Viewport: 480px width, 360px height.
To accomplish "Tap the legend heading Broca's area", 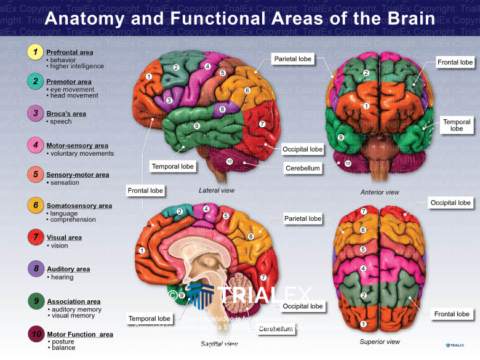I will (66, 114).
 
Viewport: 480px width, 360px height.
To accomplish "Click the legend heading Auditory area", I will (68, 269).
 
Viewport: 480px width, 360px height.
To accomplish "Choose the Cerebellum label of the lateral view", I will (303, 167).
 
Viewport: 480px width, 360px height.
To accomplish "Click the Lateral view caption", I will (217, 191).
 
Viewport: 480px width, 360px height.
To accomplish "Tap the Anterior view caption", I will (380, 193).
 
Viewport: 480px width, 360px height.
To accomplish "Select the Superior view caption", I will (380, 342).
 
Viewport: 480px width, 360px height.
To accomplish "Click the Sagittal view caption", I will (220, 344).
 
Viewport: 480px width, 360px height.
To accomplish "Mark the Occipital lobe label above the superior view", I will (450, 202).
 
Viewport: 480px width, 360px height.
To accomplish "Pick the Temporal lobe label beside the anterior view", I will (456, 126).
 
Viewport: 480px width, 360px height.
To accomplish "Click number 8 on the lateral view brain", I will (223, 109).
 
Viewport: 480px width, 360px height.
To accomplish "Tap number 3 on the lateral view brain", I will (169, 100).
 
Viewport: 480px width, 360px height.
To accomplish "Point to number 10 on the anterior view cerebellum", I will (348, 164).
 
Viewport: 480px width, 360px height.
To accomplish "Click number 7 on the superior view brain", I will (364, 212).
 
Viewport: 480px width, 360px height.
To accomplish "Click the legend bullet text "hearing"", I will (62, 278).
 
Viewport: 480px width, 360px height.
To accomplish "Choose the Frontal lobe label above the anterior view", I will (455, 62).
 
